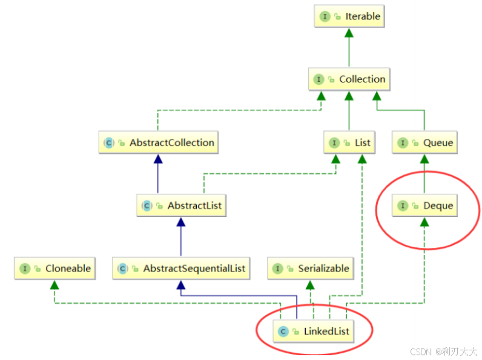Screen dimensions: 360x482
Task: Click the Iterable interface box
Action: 349,16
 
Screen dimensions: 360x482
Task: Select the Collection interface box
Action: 349,79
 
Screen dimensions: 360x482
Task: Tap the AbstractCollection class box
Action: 158,143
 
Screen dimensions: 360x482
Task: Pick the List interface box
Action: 349,143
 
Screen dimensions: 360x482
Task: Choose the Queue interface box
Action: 424,143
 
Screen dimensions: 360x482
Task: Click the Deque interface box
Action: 425,206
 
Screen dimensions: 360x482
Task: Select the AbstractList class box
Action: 181,206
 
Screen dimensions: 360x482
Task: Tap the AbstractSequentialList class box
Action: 181,268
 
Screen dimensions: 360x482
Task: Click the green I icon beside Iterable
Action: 325,16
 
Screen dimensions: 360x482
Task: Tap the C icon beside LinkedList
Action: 283,332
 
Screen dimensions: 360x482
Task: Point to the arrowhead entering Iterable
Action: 349,32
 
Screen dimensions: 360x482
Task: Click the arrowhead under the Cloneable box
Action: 54,284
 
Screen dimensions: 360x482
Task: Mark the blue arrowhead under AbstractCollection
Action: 158,159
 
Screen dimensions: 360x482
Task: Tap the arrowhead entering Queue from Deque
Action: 424,159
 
